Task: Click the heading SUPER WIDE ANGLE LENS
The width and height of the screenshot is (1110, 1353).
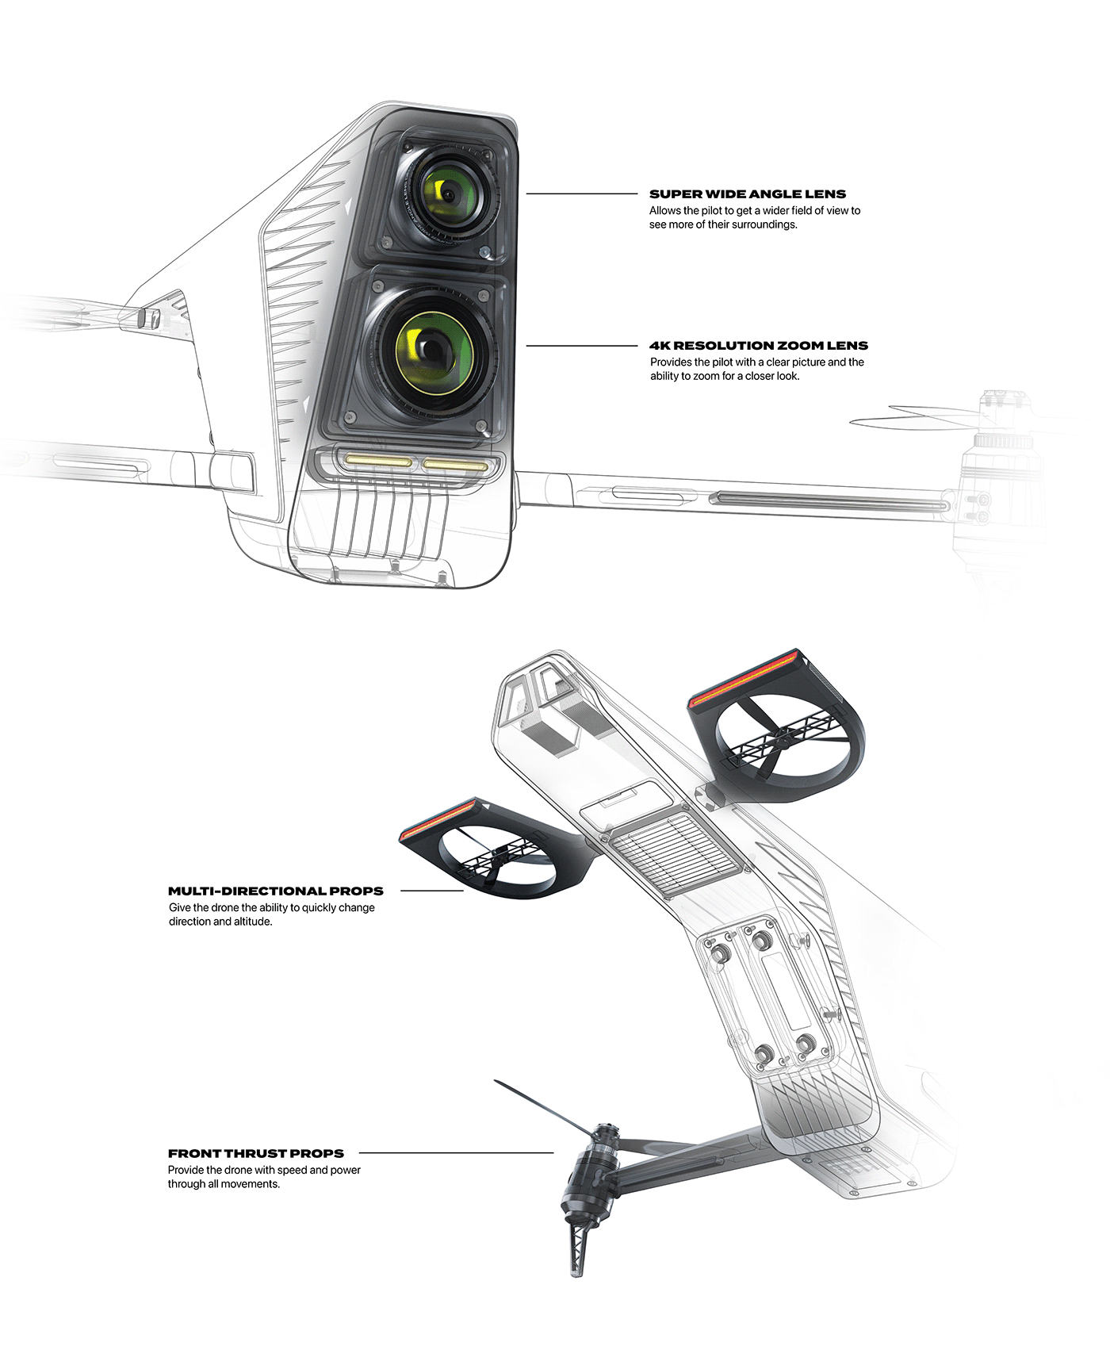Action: click(747, 194)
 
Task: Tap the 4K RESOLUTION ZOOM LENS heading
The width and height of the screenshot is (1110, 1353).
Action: click(758, 346)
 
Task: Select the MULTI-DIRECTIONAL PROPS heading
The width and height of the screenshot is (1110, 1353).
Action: click(275, 891)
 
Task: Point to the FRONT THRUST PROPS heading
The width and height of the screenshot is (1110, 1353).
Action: click(255, 1154)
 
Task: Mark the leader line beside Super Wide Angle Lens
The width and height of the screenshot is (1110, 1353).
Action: click(581, 194)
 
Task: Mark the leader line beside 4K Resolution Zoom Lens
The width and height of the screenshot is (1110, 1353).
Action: click(581, 346)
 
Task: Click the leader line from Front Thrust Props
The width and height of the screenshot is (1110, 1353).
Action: click(456, 1153)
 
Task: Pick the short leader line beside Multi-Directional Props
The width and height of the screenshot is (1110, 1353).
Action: click(431, 891)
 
